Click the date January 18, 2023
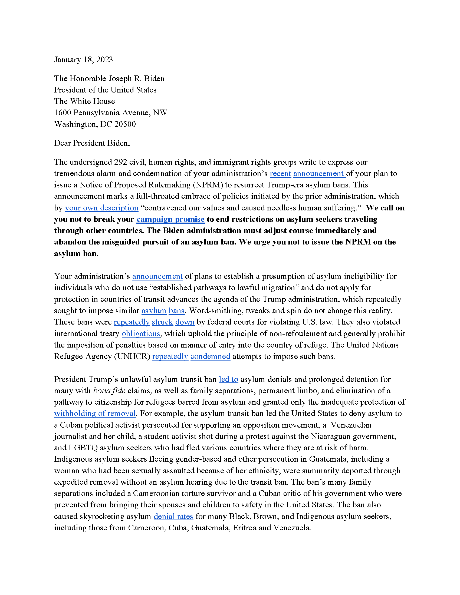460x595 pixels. coord(83,60)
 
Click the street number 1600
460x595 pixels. coord(63,113)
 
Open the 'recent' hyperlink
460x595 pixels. coord(280,174)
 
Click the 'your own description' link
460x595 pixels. coord(101,208)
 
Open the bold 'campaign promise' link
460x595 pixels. coord(170,219)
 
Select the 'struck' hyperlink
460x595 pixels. coord(162,322)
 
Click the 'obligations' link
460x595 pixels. coord(141,334)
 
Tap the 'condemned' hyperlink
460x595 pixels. coord(210,356)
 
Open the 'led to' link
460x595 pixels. coord(228,379)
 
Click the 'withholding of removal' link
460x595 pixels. coord(95,414)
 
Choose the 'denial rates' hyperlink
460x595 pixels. coord(173,517)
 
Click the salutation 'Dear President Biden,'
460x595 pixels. coord(92,143)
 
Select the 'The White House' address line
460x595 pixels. coord(84,101)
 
